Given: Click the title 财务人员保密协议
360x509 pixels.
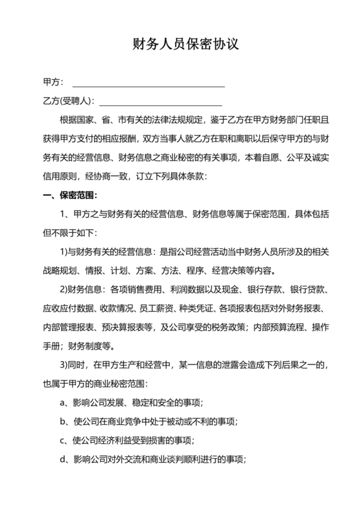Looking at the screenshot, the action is click(x=180, y=44).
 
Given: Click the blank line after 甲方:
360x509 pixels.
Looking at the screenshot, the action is click(x=148, y=84).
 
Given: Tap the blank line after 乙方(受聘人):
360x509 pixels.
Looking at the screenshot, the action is click(x=160, y=103).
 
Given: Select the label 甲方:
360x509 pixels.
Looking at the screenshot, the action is click(x=53, y=83).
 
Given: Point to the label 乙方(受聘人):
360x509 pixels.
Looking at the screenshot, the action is click(x=69, y=102).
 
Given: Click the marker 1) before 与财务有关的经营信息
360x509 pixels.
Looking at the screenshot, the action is click(x=63, y=251).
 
